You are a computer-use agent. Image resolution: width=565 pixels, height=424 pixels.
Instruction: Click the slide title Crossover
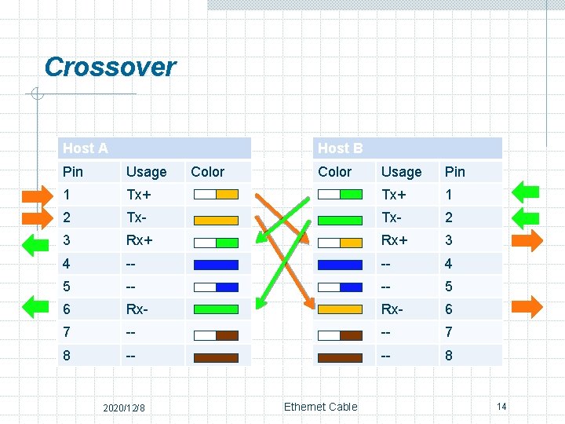coord(110,67)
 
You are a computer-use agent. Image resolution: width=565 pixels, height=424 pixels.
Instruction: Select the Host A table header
coord(86,148)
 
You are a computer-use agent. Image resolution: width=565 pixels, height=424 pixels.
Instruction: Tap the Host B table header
coord(340,148)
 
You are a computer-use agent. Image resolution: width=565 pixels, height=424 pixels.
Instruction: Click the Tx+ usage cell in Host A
coord(140,195)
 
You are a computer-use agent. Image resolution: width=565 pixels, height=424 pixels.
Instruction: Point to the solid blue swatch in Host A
coord(215,265)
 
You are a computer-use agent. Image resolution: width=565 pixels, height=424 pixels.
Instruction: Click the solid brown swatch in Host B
coord(340,356)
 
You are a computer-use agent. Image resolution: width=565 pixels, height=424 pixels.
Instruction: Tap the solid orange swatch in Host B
coord(340,310)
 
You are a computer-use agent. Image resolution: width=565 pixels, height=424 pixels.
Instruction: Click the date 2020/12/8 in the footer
coord(129,408)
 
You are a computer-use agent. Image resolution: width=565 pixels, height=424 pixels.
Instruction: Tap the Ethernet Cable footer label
coord(320,407)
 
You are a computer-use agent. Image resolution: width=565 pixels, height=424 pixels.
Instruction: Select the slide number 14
coord(501,406)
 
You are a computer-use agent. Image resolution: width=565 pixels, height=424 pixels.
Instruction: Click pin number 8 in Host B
coord(449,356)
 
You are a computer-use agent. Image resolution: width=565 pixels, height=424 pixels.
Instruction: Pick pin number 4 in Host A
coord(67,264)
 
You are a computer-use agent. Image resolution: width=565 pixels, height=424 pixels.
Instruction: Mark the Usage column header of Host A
coord(146,172)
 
